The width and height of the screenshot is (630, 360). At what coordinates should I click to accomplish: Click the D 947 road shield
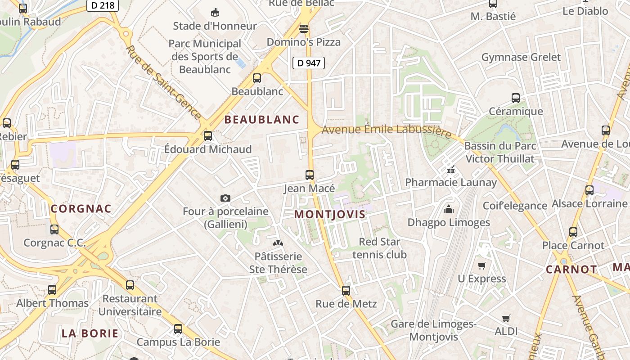tap(309, 63)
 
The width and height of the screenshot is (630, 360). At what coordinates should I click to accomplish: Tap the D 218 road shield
tap(102, 5)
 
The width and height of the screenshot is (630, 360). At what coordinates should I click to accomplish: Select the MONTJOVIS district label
tap(330, 214)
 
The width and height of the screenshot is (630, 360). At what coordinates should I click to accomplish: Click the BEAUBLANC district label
tap(262, 120)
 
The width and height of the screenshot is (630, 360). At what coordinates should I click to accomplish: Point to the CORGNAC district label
tap(81, 209)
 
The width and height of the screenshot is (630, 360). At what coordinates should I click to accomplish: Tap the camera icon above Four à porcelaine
tap(225, 198)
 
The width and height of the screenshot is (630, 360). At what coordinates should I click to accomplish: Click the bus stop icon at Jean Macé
tap(310, 175)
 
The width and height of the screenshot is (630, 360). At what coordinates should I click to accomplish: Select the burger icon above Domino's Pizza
tap(304, 29)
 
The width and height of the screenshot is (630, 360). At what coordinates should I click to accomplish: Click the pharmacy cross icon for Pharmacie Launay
tap(450, 170)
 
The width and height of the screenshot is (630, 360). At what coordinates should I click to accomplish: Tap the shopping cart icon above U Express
tap(482, 265)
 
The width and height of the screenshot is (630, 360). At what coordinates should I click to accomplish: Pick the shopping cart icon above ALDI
tap(506, 318)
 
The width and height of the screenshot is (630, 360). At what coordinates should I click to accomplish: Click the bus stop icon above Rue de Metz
tap(346, 291)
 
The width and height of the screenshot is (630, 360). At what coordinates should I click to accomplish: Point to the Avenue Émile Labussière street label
tap(387, 130)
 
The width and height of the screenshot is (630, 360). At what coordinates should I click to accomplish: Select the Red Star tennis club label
tap(379, 248)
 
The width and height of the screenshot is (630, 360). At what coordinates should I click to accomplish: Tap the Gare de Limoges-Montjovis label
tap(433, 330)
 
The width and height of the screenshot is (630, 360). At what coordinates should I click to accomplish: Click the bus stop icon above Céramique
tap(516, 98)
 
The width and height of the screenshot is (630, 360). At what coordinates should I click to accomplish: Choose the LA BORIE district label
tap(90, 333)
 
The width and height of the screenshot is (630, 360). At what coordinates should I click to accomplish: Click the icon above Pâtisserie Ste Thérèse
tap(278, 243)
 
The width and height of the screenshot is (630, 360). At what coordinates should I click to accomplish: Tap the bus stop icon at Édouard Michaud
tap(208, 135)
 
